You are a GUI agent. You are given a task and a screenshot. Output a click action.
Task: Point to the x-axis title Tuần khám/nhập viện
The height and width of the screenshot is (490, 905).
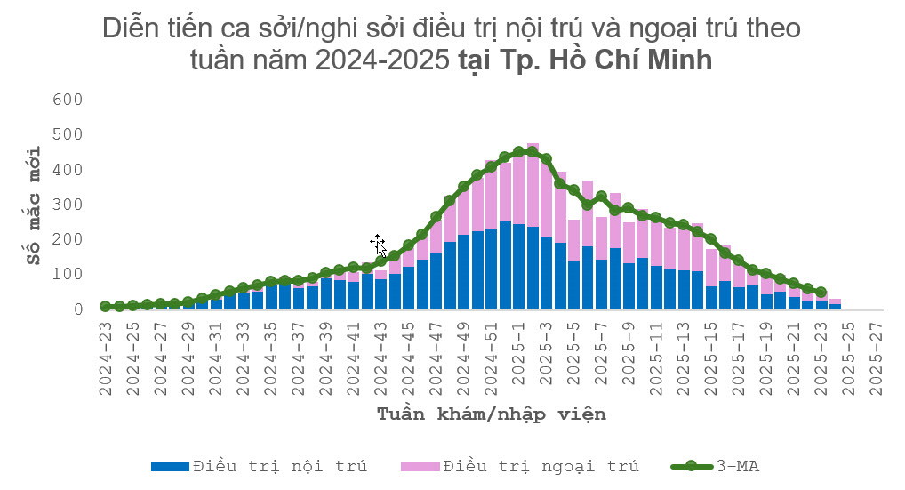pyautogui.click(x=492, y=414)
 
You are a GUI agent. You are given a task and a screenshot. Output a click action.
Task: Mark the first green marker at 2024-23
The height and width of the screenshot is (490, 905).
pyautogui.click(x=106, y=306)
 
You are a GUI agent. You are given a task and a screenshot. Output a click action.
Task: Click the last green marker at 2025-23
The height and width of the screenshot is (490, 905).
pyautogui.click(x=821, y=292)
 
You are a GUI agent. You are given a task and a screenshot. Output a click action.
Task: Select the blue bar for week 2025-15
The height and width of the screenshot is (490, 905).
pyautogui.click(x=711, y=297)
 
